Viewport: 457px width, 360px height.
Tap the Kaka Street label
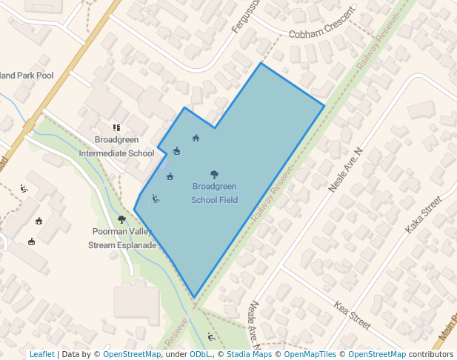pyautogui.click(x=423, y=216)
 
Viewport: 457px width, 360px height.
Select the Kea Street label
pyautogui.click(x=352, y=315)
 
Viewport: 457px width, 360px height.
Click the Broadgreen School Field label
pyautogui.click(x=214, y=193)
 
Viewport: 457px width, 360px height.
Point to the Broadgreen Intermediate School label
pyautogui.click(x=116, y=147)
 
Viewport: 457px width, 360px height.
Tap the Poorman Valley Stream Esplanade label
pyautogui.click(x=122, y=238)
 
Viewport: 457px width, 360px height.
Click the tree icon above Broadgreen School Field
pyautogui.click(x=214, y=175)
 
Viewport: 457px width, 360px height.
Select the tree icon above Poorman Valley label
pyautogui.click(x=121, y=219)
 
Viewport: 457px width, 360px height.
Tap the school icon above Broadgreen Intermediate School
pyautogui.click(x=116, y=128)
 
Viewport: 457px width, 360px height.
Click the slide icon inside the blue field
pyautogui.click(x=156, y=198)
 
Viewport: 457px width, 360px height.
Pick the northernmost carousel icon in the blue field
pyautogui.click(x=196, y=137)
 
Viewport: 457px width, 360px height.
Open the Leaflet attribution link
pyautogui.click(x=41, y=354)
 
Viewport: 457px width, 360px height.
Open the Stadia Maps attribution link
pyautogui.click(x=249, y=354)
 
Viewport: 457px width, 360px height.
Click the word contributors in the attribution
pyautogui.click(x=430, y=354)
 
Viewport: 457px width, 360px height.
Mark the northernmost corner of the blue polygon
pyautogui.click(x=260, y=64)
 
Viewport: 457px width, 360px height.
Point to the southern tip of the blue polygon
pyautogui.click(x=195, y=298)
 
